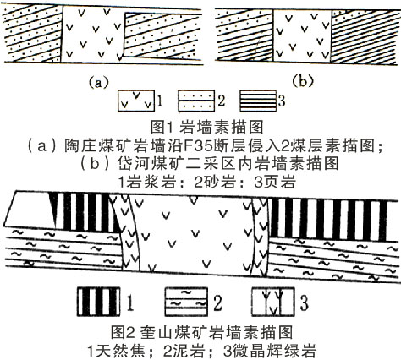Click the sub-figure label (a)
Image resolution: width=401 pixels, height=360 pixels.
coord(98,82)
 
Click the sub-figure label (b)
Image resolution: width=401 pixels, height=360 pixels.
coord(303,81)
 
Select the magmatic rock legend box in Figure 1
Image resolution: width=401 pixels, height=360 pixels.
coord(136,101)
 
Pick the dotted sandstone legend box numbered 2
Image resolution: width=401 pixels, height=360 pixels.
coord(196,101)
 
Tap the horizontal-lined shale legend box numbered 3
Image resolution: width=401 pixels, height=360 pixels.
coord(258,101)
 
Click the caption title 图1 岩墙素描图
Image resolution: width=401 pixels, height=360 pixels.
coord(206,127)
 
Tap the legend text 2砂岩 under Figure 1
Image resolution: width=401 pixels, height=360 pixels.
coord(215,183)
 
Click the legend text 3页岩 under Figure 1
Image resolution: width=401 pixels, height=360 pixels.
coord(275,183)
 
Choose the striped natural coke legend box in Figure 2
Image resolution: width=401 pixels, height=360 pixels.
coord(98,302)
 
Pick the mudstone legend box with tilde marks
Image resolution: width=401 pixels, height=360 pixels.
coord(186,302)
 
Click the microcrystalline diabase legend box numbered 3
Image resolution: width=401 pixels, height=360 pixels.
coord(273,302)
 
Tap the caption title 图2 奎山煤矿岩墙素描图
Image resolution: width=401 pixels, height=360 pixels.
coord(201,332)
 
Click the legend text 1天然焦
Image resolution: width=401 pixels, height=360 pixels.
coord(116,351)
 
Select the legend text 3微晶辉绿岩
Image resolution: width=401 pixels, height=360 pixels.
coord(270,351)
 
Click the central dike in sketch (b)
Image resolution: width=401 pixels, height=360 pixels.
coord(302,35)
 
